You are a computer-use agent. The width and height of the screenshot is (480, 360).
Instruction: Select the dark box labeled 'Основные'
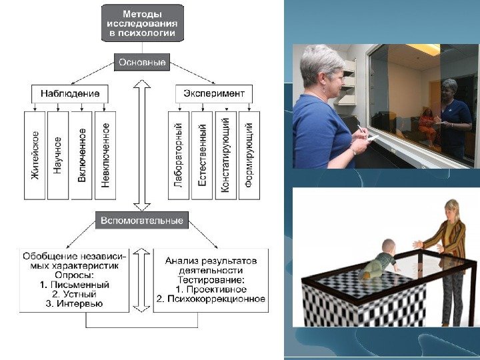pos(141,62)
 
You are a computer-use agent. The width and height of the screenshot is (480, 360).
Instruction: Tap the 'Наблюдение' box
pos(69,93)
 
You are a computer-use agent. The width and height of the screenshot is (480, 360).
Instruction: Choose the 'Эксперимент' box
pos(214,93)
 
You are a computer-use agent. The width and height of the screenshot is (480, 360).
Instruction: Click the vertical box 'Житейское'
pos(35,155)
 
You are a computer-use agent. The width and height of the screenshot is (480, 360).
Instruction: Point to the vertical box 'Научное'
pos(58,155)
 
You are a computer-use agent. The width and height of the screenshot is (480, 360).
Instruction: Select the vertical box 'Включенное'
pos(81,155)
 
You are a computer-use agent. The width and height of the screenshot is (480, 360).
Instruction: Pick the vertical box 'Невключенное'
pos(105,155)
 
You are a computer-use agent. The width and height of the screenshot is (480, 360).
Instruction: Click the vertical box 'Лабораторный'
pos(179,155)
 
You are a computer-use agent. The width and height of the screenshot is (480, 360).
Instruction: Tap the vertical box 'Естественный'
pos(202,155)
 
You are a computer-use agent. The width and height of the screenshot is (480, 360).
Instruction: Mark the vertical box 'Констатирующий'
pos(225,155)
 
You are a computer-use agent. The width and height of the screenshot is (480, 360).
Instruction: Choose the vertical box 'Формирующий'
pos(249,155)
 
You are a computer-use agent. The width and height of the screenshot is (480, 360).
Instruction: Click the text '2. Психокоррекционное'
pos(211,299)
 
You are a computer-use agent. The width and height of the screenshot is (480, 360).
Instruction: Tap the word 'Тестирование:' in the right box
pos(211,280)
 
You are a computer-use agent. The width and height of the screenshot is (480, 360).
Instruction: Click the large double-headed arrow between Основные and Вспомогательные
pos(141,143)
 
